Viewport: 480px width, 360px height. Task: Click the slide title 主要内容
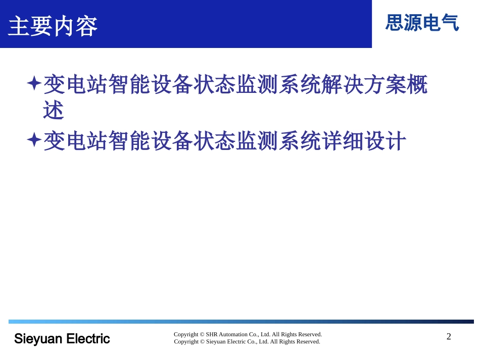pyautogui.click(x=53, y=26)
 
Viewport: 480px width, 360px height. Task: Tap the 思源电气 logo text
pyautogui.click(x=422, y=23)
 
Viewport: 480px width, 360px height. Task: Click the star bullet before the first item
pyautogui.click(x=33, y=83)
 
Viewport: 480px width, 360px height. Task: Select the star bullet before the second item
pyautogui.click(x=33, y=140)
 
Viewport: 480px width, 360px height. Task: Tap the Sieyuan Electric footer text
pyautogui.click(x=62, y=338)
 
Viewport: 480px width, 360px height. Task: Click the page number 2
pyautogui.click(x=449, y=337)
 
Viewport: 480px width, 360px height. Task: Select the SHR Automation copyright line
pyautogui.click(x=248, y=334)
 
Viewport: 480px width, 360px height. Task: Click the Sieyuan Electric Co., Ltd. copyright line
pyautogui.click(x=248, y=342)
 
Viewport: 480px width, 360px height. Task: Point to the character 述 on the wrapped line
pyautogui.click(x=54, y=111)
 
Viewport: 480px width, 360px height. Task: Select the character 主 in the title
pyautogui.click(x=19, y=26)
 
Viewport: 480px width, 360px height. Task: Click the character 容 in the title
pyautogui.click(x=86, y=26)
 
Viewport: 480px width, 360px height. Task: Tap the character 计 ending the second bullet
pyautogui.click(x=396, y=141)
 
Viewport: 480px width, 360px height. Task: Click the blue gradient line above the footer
pyautogui.click(x=241, y=322)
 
